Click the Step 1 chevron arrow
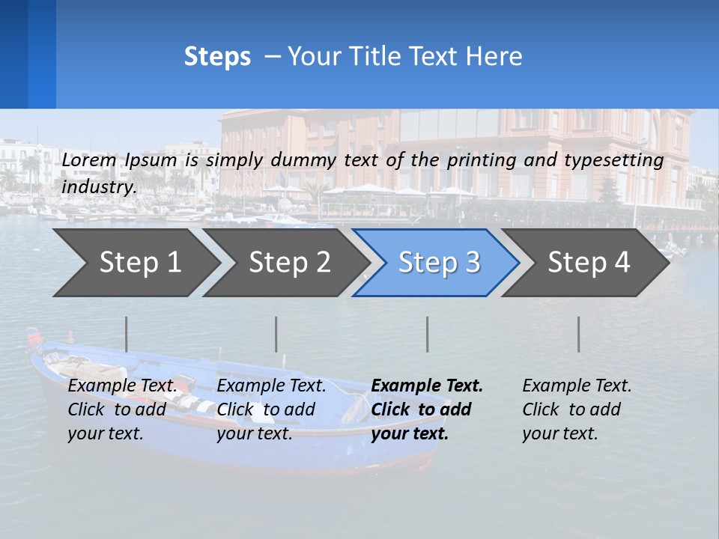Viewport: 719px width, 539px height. [x=135, y=263]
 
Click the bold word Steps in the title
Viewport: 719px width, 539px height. [x=217, y=57]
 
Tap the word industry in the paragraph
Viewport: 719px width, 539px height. [x=97, y=186]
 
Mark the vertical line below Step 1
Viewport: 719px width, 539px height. [x=127, y=334]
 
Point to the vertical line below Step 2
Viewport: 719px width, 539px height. [x=276, y=334]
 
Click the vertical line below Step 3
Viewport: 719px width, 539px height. [x=428, y=334]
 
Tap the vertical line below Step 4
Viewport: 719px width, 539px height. [x=579, y=334]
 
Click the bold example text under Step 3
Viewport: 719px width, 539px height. [x=425, y=409]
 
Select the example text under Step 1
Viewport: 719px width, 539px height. [x=121, y=409]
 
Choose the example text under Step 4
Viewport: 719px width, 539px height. [x=576, y=409]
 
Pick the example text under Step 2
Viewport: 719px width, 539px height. [x=270, y=409]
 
